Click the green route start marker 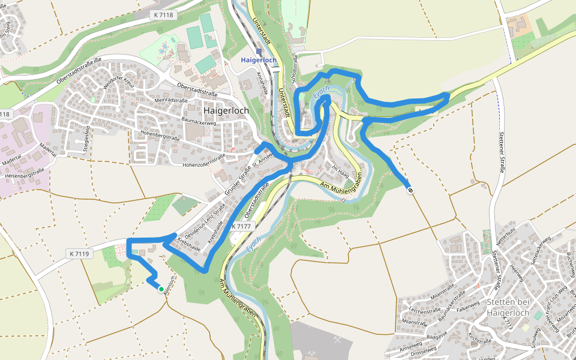click(x=161, y=289)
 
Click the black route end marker click(x=410, y=190)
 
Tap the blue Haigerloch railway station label click(x=259, y=61)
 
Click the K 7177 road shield click(x=243, y=226)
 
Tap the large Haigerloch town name click(x=226, y=110)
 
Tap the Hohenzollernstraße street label click(x=204, y=160)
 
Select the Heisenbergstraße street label click(x=28, y=175)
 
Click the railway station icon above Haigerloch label click(x=259, y=52)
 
